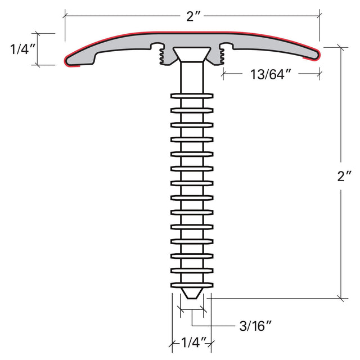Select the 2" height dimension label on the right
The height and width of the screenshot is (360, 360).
pos(344,176)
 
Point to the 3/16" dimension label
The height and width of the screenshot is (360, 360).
pos(255,326)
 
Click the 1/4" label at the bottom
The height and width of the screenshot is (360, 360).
pos(193,343)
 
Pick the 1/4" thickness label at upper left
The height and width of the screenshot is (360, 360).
pos(22,49)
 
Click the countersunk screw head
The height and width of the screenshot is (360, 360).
pos(192,55)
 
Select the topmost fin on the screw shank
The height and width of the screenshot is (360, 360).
pos(192,96)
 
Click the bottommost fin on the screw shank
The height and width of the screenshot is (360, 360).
pos(192,285)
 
